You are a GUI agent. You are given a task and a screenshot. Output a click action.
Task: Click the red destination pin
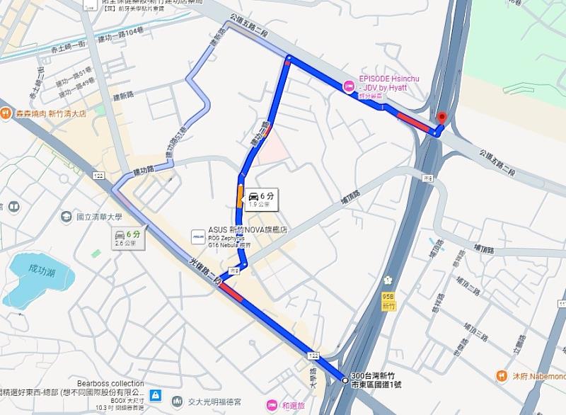442,118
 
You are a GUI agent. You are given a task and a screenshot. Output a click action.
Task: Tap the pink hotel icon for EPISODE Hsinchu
348,86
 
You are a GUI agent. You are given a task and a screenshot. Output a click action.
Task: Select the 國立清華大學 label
99,217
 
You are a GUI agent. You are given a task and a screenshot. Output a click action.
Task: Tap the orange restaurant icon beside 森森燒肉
5,112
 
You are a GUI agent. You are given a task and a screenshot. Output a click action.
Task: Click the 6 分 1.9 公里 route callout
261,200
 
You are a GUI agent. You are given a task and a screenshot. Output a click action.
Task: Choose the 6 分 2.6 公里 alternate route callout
127,239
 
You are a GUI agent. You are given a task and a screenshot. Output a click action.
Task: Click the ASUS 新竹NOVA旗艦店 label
248,230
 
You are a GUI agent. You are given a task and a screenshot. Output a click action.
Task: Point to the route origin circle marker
345,380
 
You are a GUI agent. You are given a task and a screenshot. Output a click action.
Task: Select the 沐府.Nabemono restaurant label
538,375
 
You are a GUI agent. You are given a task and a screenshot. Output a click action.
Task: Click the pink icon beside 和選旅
272,405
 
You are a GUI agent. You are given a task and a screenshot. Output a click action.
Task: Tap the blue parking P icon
156,394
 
